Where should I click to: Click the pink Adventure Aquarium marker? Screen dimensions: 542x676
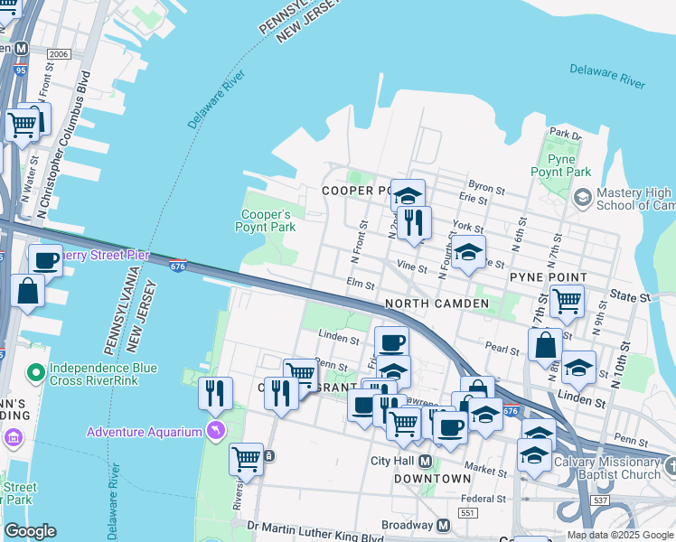click(215, 431)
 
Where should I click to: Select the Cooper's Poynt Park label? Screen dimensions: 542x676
click(266, 220)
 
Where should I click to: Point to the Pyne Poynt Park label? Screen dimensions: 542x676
click(560, 165)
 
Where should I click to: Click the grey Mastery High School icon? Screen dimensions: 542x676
click(583, 196)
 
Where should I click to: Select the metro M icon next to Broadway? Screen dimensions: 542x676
click(443, 525)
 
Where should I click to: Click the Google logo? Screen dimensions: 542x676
click(30, 531)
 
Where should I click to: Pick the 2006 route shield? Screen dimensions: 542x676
click(59, 54)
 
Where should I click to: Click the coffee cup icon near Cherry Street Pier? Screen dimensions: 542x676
click(45, 261)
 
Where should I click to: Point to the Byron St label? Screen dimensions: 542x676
click(487, 188)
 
